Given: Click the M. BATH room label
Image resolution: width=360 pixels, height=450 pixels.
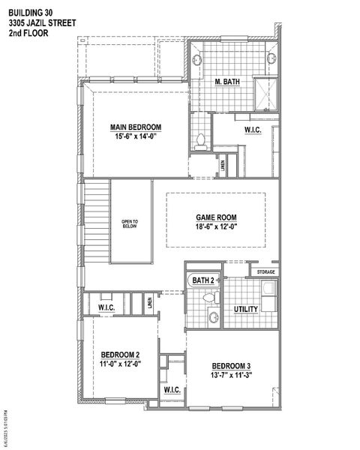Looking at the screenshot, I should pos(226,81).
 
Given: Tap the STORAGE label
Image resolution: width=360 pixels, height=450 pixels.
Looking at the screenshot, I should pos(265,271).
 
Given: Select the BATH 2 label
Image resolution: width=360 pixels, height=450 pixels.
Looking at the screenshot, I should pos(203,280).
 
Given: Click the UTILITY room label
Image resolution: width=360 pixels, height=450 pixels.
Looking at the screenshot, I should pos(246,309).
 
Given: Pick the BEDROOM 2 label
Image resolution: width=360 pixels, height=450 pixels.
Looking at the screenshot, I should pos(120,354).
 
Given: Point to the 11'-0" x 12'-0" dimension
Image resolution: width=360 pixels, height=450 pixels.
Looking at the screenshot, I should pos(120,363).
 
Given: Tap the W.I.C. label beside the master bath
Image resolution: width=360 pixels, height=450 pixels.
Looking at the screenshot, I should pos(253,130).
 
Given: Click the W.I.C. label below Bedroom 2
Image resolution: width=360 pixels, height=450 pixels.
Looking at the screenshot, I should pos(171,391).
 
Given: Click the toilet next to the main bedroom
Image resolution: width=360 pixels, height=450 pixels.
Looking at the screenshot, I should pos(199,139).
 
